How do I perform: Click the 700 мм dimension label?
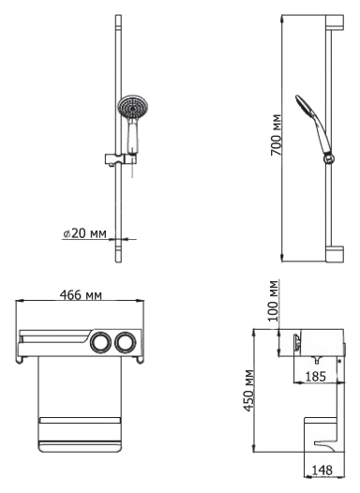pyautogui.click(x=276, y=135)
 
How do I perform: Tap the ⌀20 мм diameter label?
pyautogui.click(x=85, y=233)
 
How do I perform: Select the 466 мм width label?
pyautogui.click(x=81, y=295)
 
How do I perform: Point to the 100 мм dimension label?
pyautogui.click(x=273, y=301)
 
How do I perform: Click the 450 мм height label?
pyautogui.click(x=249, y=390)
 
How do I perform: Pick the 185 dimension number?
pyautogui.click(x=315, y=377)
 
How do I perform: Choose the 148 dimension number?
pyautogui.click(x=322, y=471)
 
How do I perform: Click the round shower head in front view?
pyautogui.click(x=133, y=107)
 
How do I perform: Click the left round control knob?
pyautogui.click(x=100, y=342)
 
